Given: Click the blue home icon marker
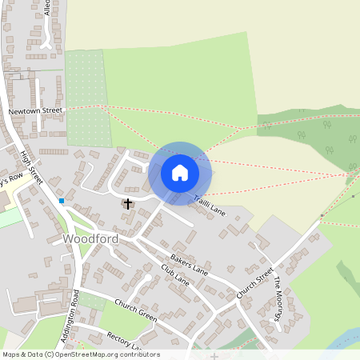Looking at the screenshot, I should click(180, 173).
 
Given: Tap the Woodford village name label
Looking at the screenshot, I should click(90, 239).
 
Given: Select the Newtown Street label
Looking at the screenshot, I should click(35, 111).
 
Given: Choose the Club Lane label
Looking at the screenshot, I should click(174, 274).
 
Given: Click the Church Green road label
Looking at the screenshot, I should click(135, 310).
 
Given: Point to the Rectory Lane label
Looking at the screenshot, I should click(124, 343).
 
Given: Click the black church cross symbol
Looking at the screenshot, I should click(128, 204).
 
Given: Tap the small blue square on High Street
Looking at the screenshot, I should click(62, 200).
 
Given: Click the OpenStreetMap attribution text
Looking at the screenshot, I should click(81, 354).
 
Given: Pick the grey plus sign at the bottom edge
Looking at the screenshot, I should click(214, 355).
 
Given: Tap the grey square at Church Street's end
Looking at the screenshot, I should click(322, 216).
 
